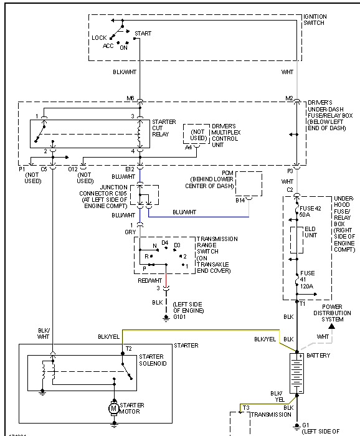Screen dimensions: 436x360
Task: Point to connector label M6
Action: [x=130, y=98]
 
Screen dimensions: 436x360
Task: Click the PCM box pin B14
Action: [x=240, y=201]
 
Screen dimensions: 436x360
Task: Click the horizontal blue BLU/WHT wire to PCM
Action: [x=199, y=217]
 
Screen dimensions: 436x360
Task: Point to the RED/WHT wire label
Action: [x=150, y=280]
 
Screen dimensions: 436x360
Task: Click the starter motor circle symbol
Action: [x=113, y=407]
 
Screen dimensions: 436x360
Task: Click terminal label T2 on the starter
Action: [x=128, y=349]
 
